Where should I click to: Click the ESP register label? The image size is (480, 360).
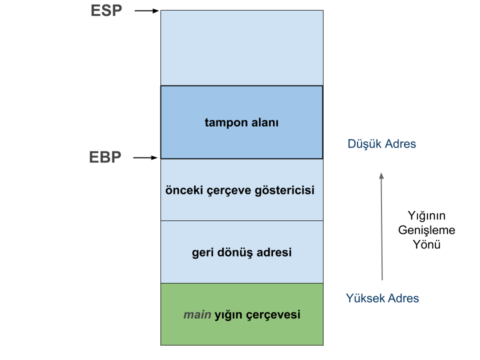[106, 11]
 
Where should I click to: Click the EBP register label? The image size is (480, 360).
[105, 157]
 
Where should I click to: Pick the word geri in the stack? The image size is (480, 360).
[202, 252]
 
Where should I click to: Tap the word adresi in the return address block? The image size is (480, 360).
[273, 252]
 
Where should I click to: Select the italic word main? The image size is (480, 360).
[197, 315]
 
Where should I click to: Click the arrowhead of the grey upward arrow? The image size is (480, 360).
[381, 176]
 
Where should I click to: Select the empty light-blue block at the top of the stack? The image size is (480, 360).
[241, 48]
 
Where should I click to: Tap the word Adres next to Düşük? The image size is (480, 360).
[400, 144]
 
